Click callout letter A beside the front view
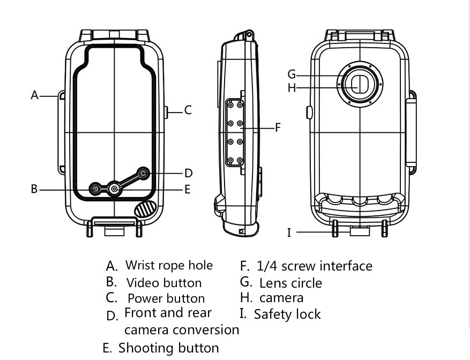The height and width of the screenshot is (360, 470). point(35,95)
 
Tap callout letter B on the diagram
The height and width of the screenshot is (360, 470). point(34,189)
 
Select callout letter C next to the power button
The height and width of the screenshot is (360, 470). point(188,110)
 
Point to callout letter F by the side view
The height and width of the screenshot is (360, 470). point(278,127)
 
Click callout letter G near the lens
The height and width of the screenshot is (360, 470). point(292,74)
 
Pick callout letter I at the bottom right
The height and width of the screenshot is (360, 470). point(289,232)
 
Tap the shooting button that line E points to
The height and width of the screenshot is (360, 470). point(115,189)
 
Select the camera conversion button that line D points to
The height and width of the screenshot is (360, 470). point(144,173)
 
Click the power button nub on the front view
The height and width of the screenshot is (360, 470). point(166,112)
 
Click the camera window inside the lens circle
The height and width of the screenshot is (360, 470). point(359,85)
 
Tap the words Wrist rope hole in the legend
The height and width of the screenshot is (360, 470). point(169,265)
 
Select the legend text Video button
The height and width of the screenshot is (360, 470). point(164,283)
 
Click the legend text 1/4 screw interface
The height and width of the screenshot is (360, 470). point(314,266)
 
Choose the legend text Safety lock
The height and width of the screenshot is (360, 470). point(287,314)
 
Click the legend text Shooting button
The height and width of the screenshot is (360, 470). point(168,348)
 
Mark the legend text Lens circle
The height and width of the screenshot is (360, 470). point(290,283)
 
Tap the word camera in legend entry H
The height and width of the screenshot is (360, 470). point(281,297)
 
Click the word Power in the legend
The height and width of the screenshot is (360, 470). point(144,298)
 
